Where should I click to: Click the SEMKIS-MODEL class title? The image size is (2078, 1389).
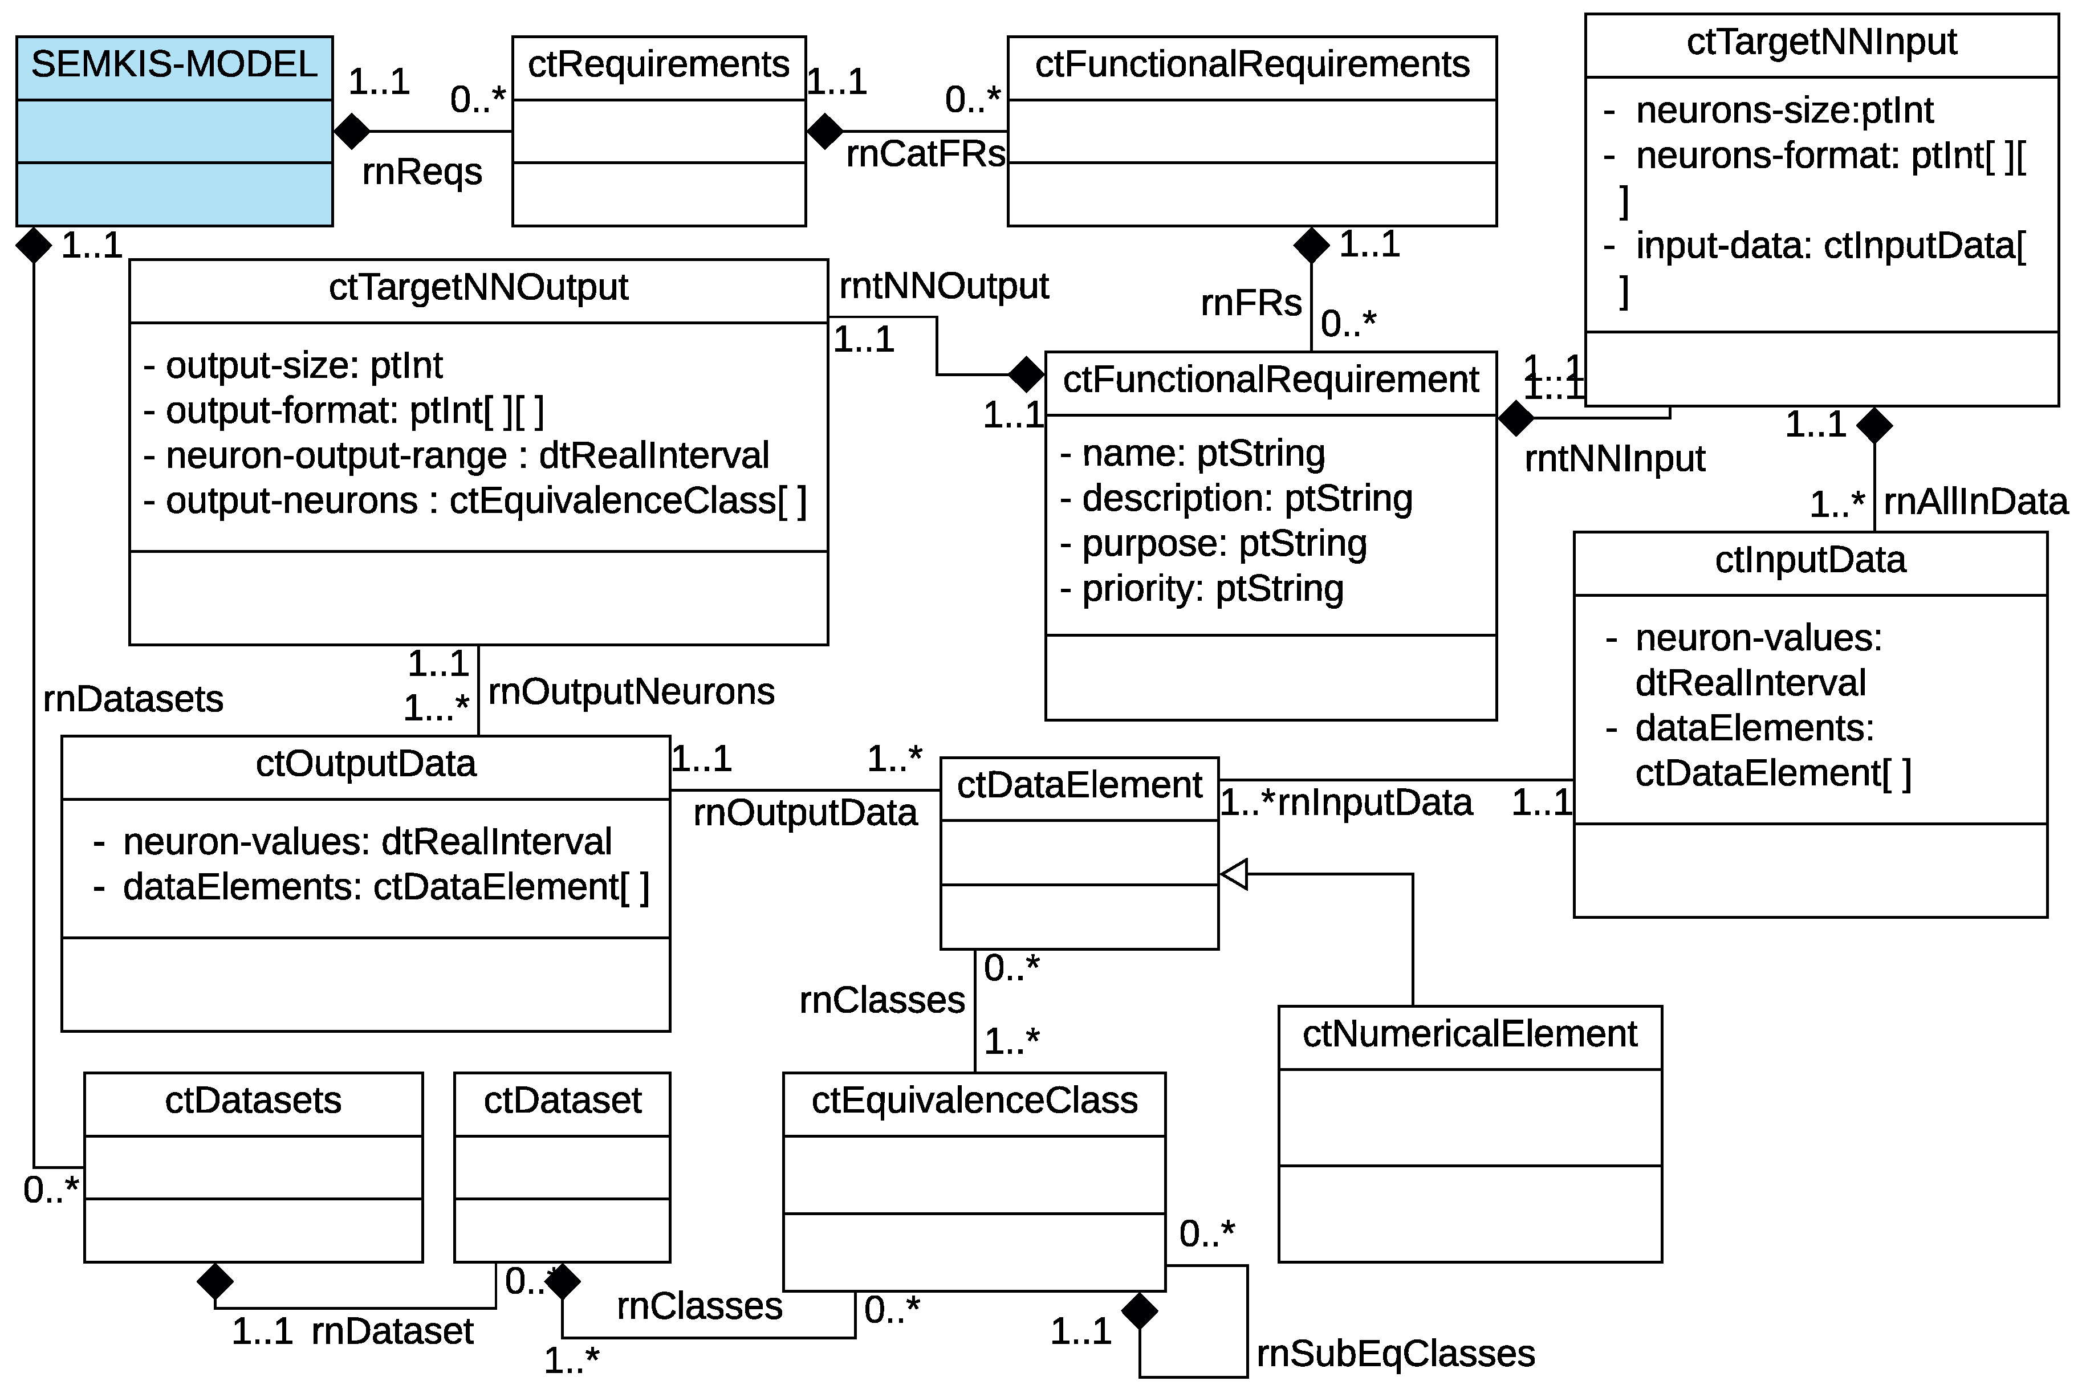click(174, 64)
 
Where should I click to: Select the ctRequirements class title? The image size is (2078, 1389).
click(658, 64)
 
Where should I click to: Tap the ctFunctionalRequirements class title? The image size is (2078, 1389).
click(1251, 64)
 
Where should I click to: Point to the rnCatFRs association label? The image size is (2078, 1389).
click(925, 154)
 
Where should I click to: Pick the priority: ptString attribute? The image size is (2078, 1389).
click(1211, 588)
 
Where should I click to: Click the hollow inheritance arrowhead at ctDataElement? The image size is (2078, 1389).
click(1234, 874)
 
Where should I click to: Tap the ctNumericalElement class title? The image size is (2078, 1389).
click(1469, 1034)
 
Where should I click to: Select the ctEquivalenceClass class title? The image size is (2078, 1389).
click(974, 1100)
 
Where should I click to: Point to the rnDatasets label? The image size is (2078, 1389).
click(133, 699)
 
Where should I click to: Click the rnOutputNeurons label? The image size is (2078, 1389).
click(631, 691)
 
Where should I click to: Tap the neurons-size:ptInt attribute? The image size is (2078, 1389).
click(1784, 111)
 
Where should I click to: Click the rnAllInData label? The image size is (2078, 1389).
click(1974, 502)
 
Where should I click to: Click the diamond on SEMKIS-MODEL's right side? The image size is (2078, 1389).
click(352, 131)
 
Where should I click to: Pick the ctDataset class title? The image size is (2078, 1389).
click(562, 1100)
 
